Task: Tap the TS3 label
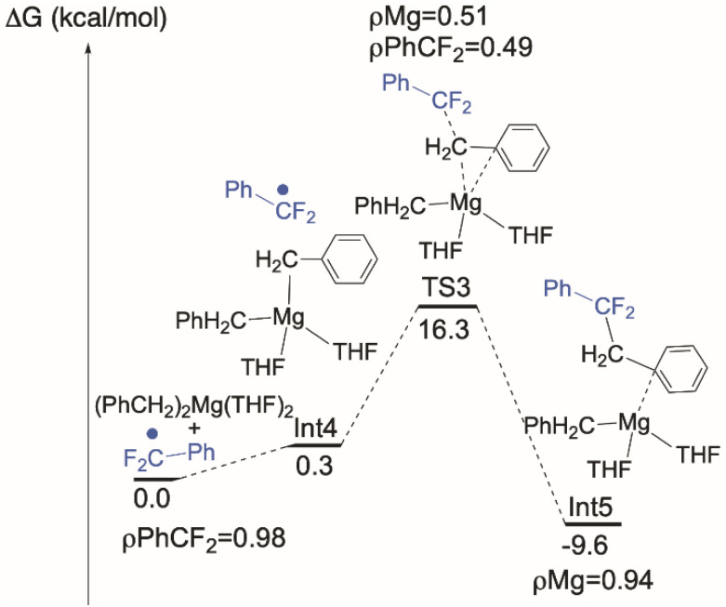(x=446, y=289)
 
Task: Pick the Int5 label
(x=590, y=508)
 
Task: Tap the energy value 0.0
(x=151, y=498)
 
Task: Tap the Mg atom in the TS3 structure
(x=464, y=202)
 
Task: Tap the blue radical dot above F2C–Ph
(x=153, y=433)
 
